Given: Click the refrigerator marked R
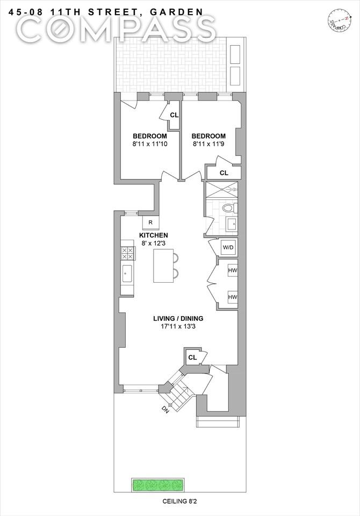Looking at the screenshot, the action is pyautogui.click(x=150, y=223).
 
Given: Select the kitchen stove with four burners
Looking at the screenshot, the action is pyautogui.click(x=128, y=254).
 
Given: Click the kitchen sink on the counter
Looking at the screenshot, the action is pyautogui.click(x=127, y=274).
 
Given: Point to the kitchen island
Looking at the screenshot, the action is pyautogui.click(x=163, y=266).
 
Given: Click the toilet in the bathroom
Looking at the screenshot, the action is pyautogui.click(x=229, y=208).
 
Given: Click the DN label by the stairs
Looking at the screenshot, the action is pyautogui.click(x=165, y=410).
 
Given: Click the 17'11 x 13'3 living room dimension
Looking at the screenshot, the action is pyautogui.click(x=178, y=327).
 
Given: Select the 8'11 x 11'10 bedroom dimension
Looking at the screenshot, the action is pyautogui.click(x=150, y=144).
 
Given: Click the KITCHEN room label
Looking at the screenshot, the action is pyautogui.click(x=153, y=235).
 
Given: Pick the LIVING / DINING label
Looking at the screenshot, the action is pyautogui.click(x=178, y=319).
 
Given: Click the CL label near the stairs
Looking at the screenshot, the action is pyautogui.click(x=192, y=357).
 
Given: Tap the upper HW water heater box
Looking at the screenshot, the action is pyautogui.click(x=233, y=270).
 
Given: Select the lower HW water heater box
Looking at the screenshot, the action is pyautogui.click(x=233, y=297).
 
